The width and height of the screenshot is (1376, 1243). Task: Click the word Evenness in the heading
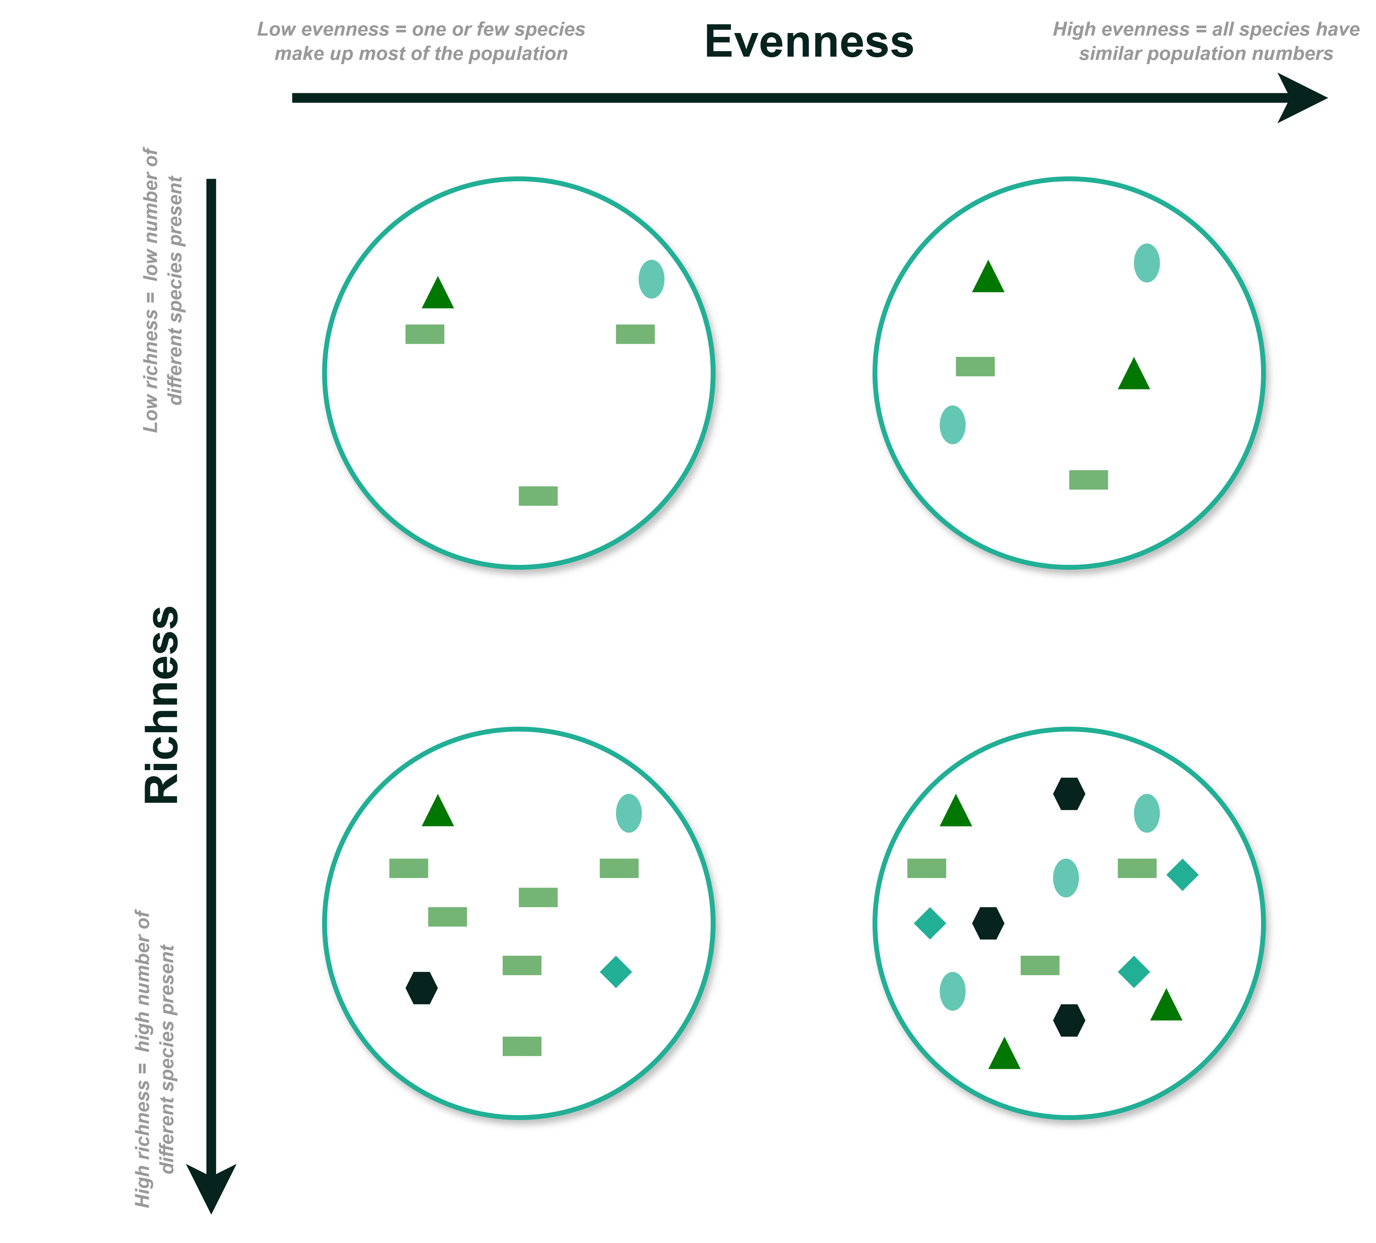[809, 42]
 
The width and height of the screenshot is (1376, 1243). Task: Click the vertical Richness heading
[162, 705]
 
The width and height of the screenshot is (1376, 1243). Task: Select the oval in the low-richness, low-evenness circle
[652, 279]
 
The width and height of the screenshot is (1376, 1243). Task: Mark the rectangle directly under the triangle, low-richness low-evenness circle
[425, 334]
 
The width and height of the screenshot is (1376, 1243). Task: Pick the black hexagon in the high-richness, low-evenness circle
[422, 988]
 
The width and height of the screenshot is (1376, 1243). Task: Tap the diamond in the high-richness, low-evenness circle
[616, 971]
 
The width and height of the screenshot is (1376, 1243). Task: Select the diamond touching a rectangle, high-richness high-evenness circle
[1183, 875]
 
